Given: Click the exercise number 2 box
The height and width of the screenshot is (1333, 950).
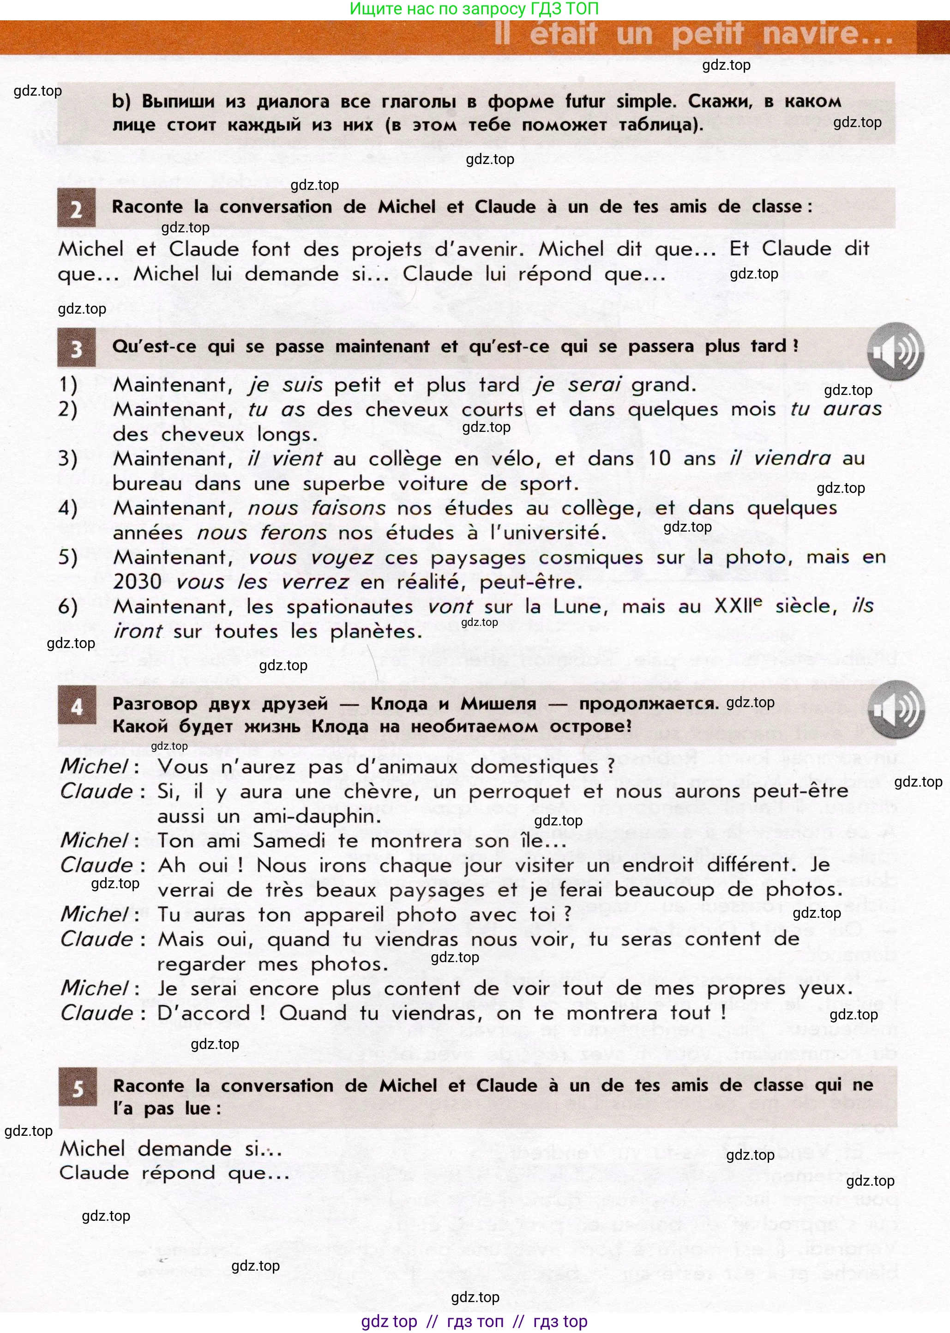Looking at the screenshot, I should [76, 208].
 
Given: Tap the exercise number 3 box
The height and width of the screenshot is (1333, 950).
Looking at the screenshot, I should [76, 348].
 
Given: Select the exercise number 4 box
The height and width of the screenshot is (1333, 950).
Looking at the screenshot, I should [77, 707].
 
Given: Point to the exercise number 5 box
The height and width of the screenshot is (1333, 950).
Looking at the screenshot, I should [78, 1089].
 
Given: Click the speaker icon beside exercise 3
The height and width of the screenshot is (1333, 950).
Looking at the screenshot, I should [895, 351].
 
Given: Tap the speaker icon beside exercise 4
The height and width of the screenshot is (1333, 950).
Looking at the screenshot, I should [896, 709].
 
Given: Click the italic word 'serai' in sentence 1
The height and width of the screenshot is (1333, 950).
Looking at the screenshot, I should [595, 384].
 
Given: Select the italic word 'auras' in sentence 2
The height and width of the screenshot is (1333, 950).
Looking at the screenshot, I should [852, 409].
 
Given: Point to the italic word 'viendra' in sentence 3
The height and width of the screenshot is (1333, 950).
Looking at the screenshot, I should [792, 458].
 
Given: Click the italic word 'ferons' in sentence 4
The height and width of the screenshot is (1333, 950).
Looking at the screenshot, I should [294, 533].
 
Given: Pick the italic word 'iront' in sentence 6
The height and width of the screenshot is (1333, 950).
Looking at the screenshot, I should [138, 631].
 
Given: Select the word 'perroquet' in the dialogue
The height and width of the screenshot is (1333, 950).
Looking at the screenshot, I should [519, 792].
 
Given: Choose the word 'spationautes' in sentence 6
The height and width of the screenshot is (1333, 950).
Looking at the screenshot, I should [349, 607].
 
